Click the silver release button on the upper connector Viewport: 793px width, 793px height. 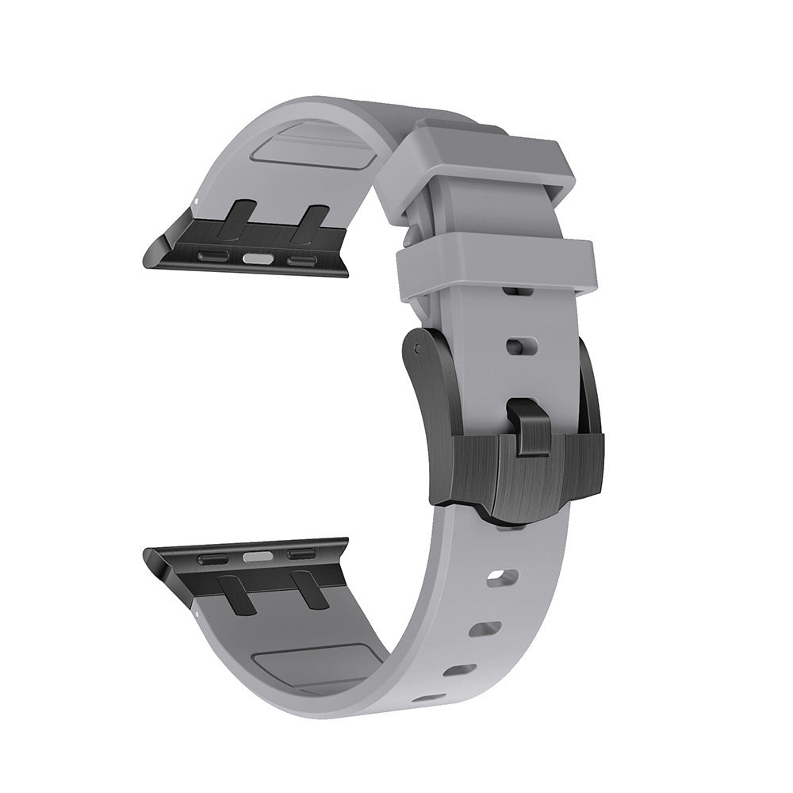tap(255, 258)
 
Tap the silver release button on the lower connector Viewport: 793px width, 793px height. tap(255, 556)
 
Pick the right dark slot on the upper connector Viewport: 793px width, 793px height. tap(301, 259)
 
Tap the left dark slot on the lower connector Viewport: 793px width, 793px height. tap(212, 559)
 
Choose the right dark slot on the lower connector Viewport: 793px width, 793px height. tap(301, 554)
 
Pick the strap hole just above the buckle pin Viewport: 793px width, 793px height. tap(516, 346)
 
